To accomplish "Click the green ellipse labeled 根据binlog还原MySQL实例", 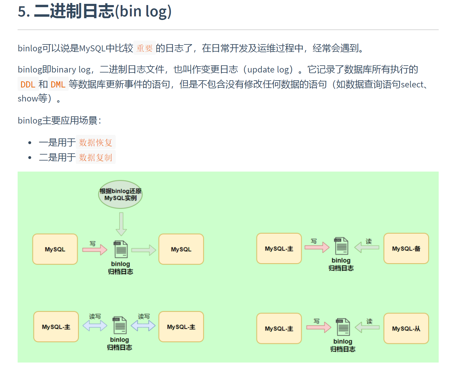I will [x=120, y=195].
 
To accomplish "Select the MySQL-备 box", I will [x=406, y=249].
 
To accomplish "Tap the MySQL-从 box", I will [x=406, y=329].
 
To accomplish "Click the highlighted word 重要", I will [x=145, y=48].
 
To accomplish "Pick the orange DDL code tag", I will [x=28, y=84].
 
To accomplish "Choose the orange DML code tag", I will [x=58, y=84].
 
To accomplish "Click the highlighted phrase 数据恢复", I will [x=96, y=143].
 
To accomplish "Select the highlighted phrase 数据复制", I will [x=96, y=157].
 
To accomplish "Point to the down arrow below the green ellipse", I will [x=121, y=224].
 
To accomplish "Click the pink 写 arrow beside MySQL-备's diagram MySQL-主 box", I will [x=317, y=247].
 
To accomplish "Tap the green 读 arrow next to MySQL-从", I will [x=367, y=328].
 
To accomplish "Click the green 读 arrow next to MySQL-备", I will [x=367, y=247].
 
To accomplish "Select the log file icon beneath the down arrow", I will [x=121, y=249].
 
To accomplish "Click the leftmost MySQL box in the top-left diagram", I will [x=55, y=249].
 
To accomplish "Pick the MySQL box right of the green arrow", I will [x=181, y=249].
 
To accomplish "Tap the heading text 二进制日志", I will [x=74, y=11].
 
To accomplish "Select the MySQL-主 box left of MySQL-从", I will [x=279, y=329].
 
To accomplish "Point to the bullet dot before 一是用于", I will [x=30, y=143].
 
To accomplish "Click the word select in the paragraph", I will [x=412, y=84].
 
